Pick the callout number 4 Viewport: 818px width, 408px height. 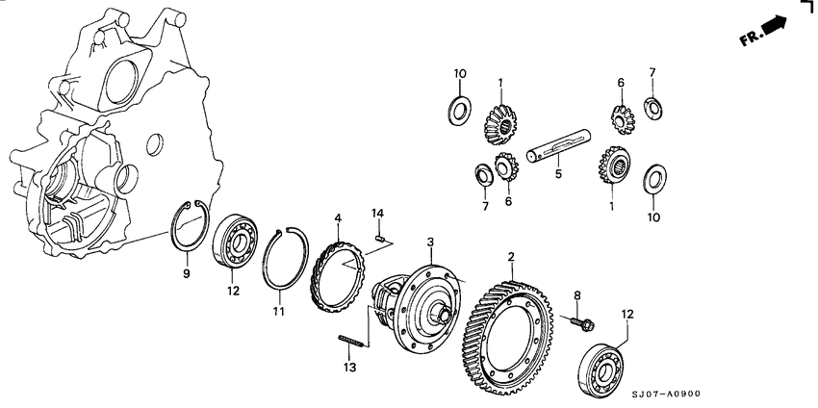tap(338, 220)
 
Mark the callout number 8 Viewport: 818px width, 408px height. tap(577, 295)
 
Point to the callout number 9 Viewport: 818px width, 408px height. tap(187, 274)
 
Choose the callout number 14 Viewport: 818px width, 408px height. tap(377, 213)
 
